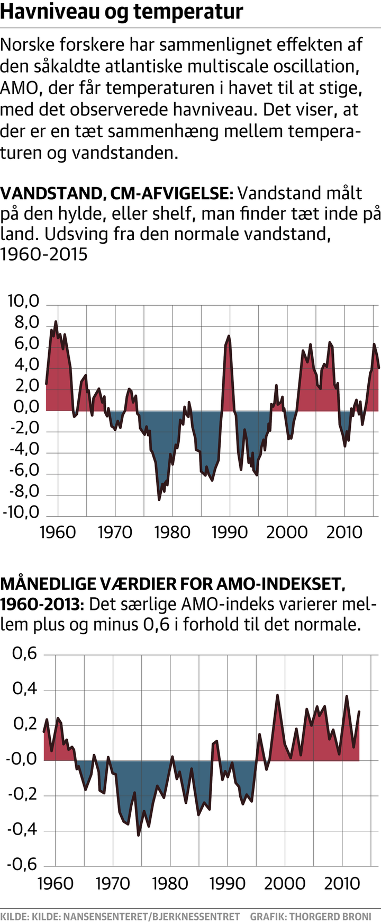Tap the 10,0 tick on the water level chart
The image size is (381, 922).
coord(24,302)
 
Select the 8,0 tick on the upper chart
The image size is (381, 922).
coord(24,323)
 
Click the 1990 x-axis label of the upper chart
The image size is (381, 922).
coord(229,532)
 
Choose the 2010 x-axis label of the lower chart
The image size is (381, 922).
coord(342,883)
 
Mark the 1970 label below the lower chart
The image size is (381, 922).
coord(113,883)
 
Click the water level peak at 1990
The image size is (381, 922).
coord(229,336)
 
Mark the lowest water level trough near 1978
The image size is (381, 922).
coord(159,499)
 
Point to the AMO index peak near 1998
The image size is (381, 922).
coord(277,695)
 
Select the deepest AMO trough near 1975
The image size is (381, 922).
coord(139,835)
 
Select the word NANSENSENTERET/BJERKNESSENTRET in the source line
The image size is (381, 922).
coord(151,916)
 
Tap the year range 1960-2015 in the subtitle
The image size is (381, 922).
coord(43,254)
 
